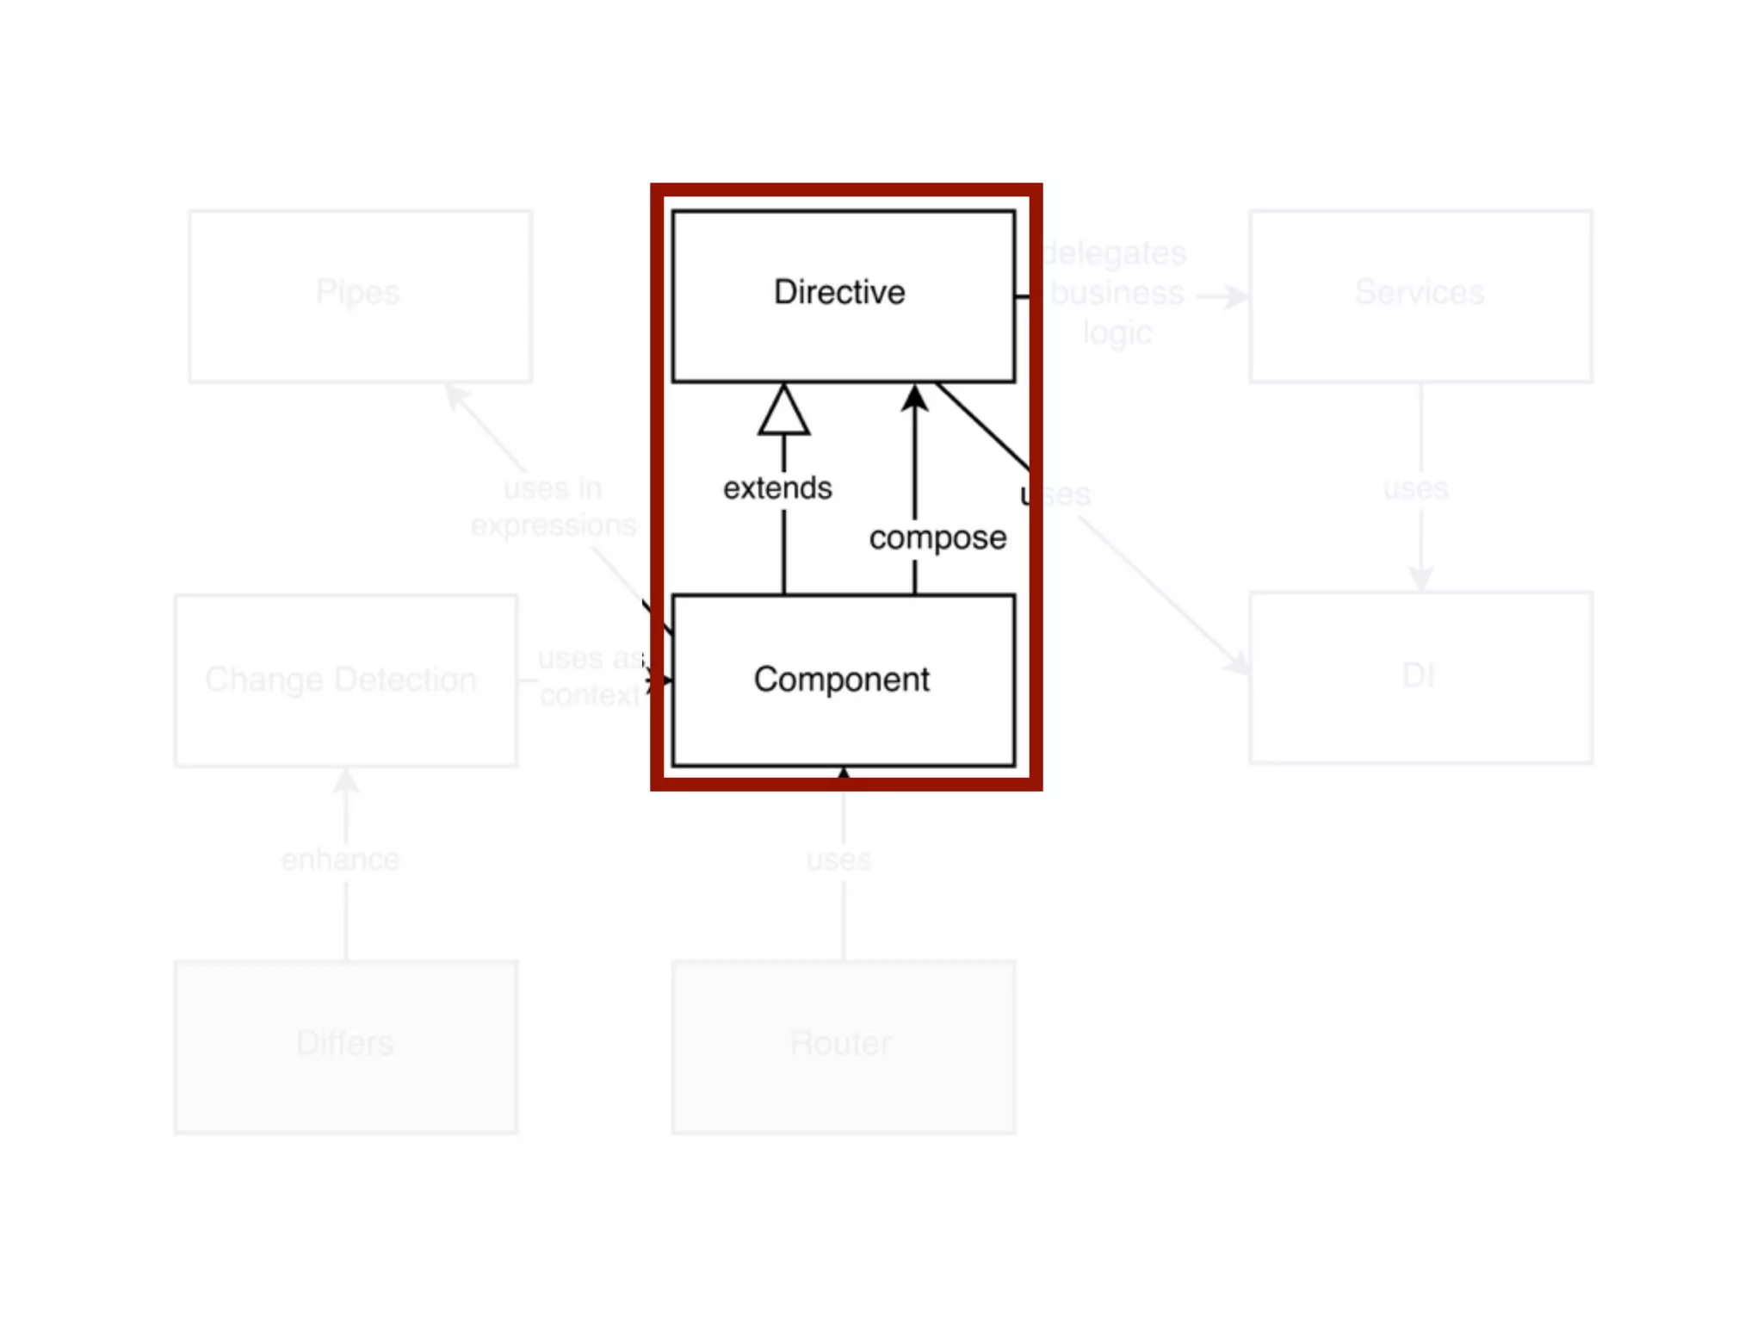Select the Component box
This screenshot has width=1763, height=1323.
point(842,679)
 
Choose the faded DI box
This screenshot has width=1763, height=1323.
point(1420,677)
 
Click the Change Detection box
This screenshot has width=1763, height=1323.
point(345,680)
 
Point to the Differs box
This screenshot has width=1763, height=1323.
point(345,1046)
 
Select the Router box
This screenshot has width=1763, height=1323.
point(843,1046)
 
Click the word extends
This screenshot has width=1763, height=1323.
point(777,488)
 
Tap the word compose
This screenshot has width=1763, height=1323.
point(937,537)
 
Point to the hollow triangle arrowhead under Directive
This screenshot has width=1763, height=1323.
point(783,411)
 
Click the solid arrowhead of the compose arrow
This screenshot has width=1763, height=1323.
point(915,398)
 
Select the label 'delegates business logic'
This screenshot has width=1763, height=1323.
point(1116,293)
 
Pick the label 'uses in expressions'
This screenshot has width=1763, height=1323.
point(554,506)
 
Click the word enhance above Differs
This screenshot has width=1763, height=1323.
point(341,860)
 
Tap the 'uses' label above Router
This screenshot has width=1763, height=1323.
point(839,860)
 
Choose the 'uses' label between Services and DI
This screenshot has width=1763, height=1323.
point(1416,488)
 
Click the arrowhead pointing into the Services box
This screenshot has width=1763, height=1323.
point(1237,297)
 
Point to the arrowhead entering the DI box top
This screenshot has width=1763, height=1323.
point(1421,579)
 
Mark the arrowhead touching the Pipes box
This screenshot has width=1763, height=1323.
point(455,395)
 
